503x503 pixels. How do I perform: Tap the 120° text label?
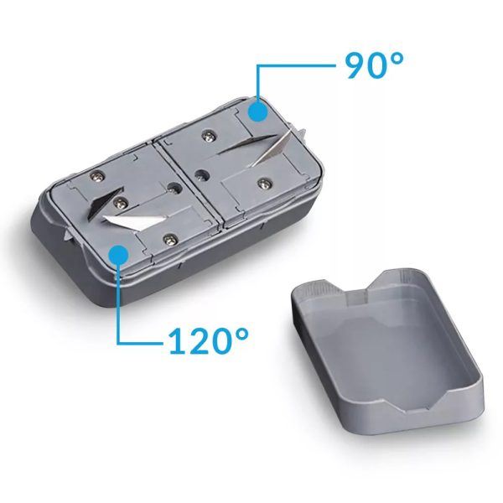pyautogui.click(x=209, y=341)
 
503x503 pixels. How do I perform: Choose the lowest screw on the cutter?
pyautogui.click(x=172, y=238)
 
